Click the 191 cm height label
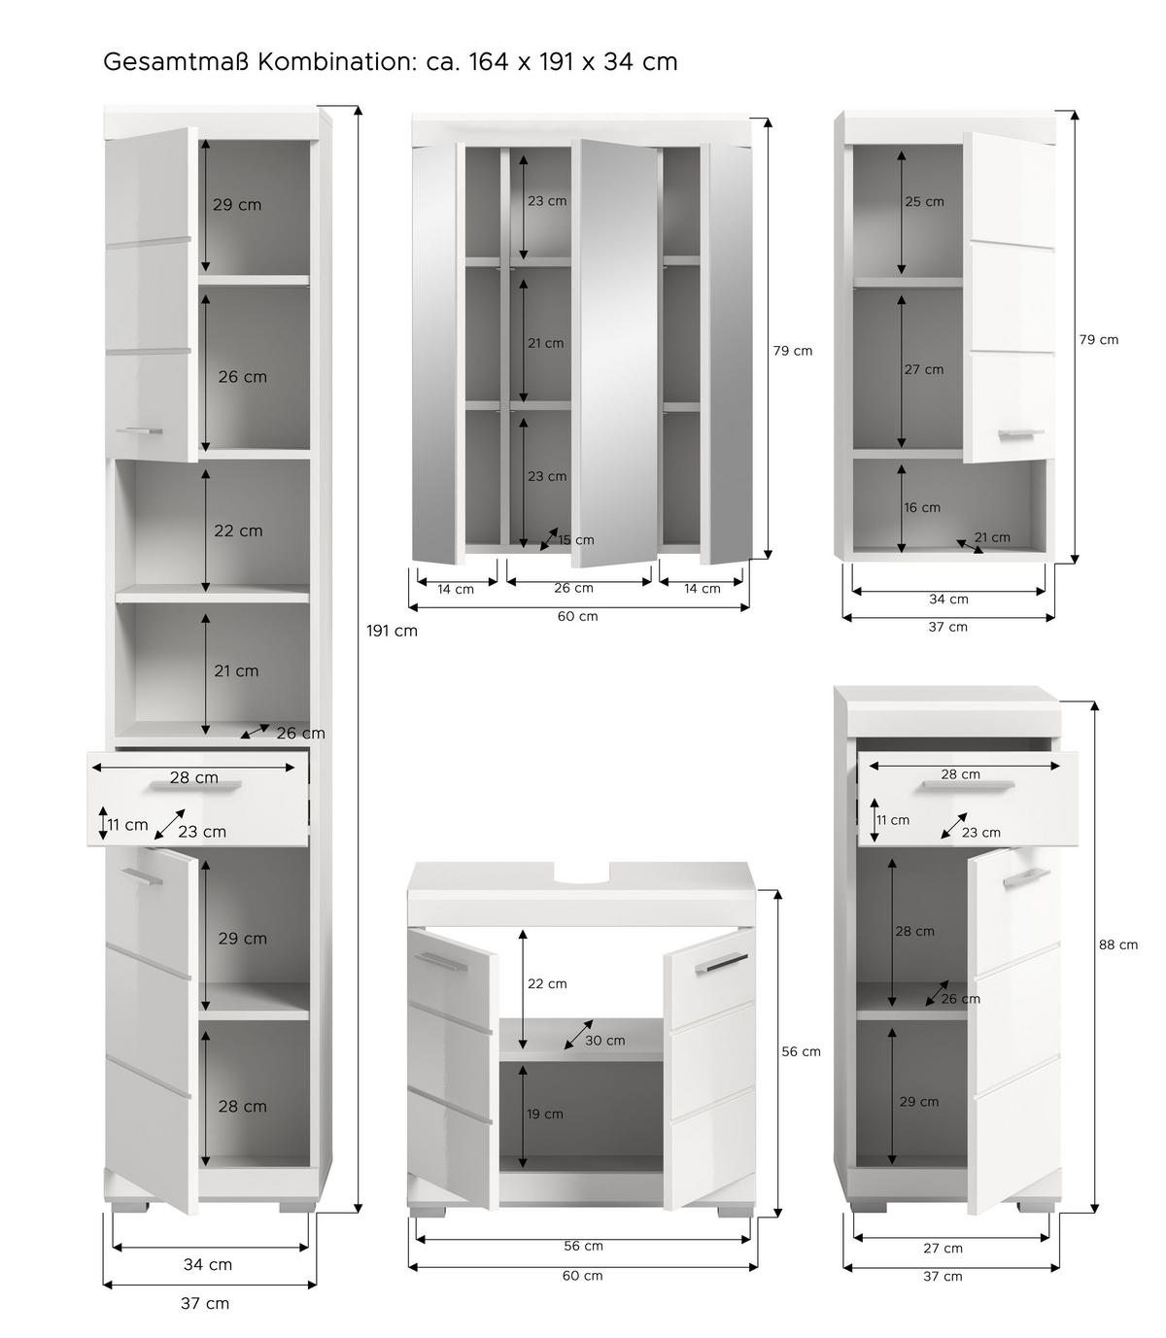(392, 631)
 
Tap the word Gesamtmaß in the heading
(177, 62)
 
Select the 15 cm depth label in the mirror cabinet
(576, 540)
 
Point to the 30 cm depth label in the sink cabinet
(605, 1040)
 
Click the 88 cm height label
(1118, 944)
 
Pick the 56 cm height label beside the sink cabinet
(801, 1051)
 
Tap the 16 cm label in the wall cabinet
(922, 507)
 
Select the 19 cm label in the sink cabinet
(545, 1114)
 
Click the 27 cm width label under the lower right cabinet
(943, 1248)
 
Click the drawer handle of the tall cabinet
(195, 785)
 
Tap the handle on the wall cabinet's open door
(1021, 433)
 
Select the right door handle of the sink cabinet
(721, 963)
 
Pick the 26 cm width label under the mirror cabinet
(573, 588)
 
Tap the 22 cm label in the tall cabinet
(238, 531)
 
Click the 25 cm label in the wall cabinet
(924, 201)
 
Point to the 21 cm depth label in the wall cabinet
(992, 537)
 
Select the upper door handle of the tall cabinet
(139, 431)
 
